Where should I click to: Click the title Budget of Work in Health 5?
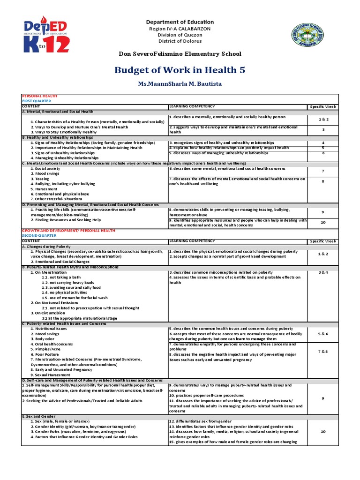pos(180,70)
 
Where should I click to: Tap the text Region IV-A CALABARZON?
pos(180,29)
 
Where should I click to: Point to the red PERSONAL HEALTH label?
pos(39,96)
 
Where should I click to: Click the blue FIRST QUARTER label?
pos(37,101)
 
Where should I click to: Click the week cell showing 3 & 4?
pos(323,272)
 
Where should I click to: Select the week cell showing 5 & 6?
pos(323,334)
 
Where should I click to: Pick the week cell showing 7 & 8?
pos(323,351)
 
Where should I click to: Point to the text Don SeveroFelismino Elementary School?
pos(180,53)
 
